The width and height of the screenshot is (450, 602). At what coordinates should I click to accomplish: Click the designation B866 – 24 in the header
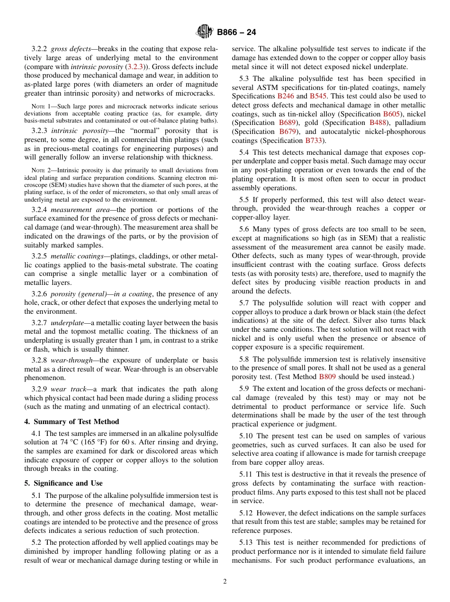pos(236,33)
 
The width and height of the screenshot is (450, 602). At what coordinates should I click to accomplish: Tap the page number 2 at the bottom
pos(225,582)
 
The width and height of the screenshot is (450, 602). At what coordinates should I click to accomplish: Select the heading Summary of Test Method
pos(72,422)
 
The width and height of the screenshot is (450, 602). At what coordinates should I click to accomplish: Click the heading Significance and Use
pos(63,483)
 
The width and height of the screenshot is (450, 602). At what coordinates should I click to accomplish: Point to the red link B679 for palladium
pos(288,132)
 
